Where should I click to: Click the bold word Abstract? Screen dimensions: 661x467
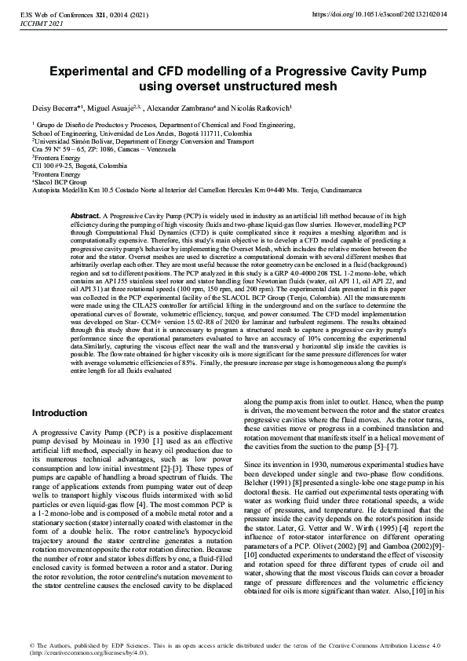pyautogui.click(x=85, y=214)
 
